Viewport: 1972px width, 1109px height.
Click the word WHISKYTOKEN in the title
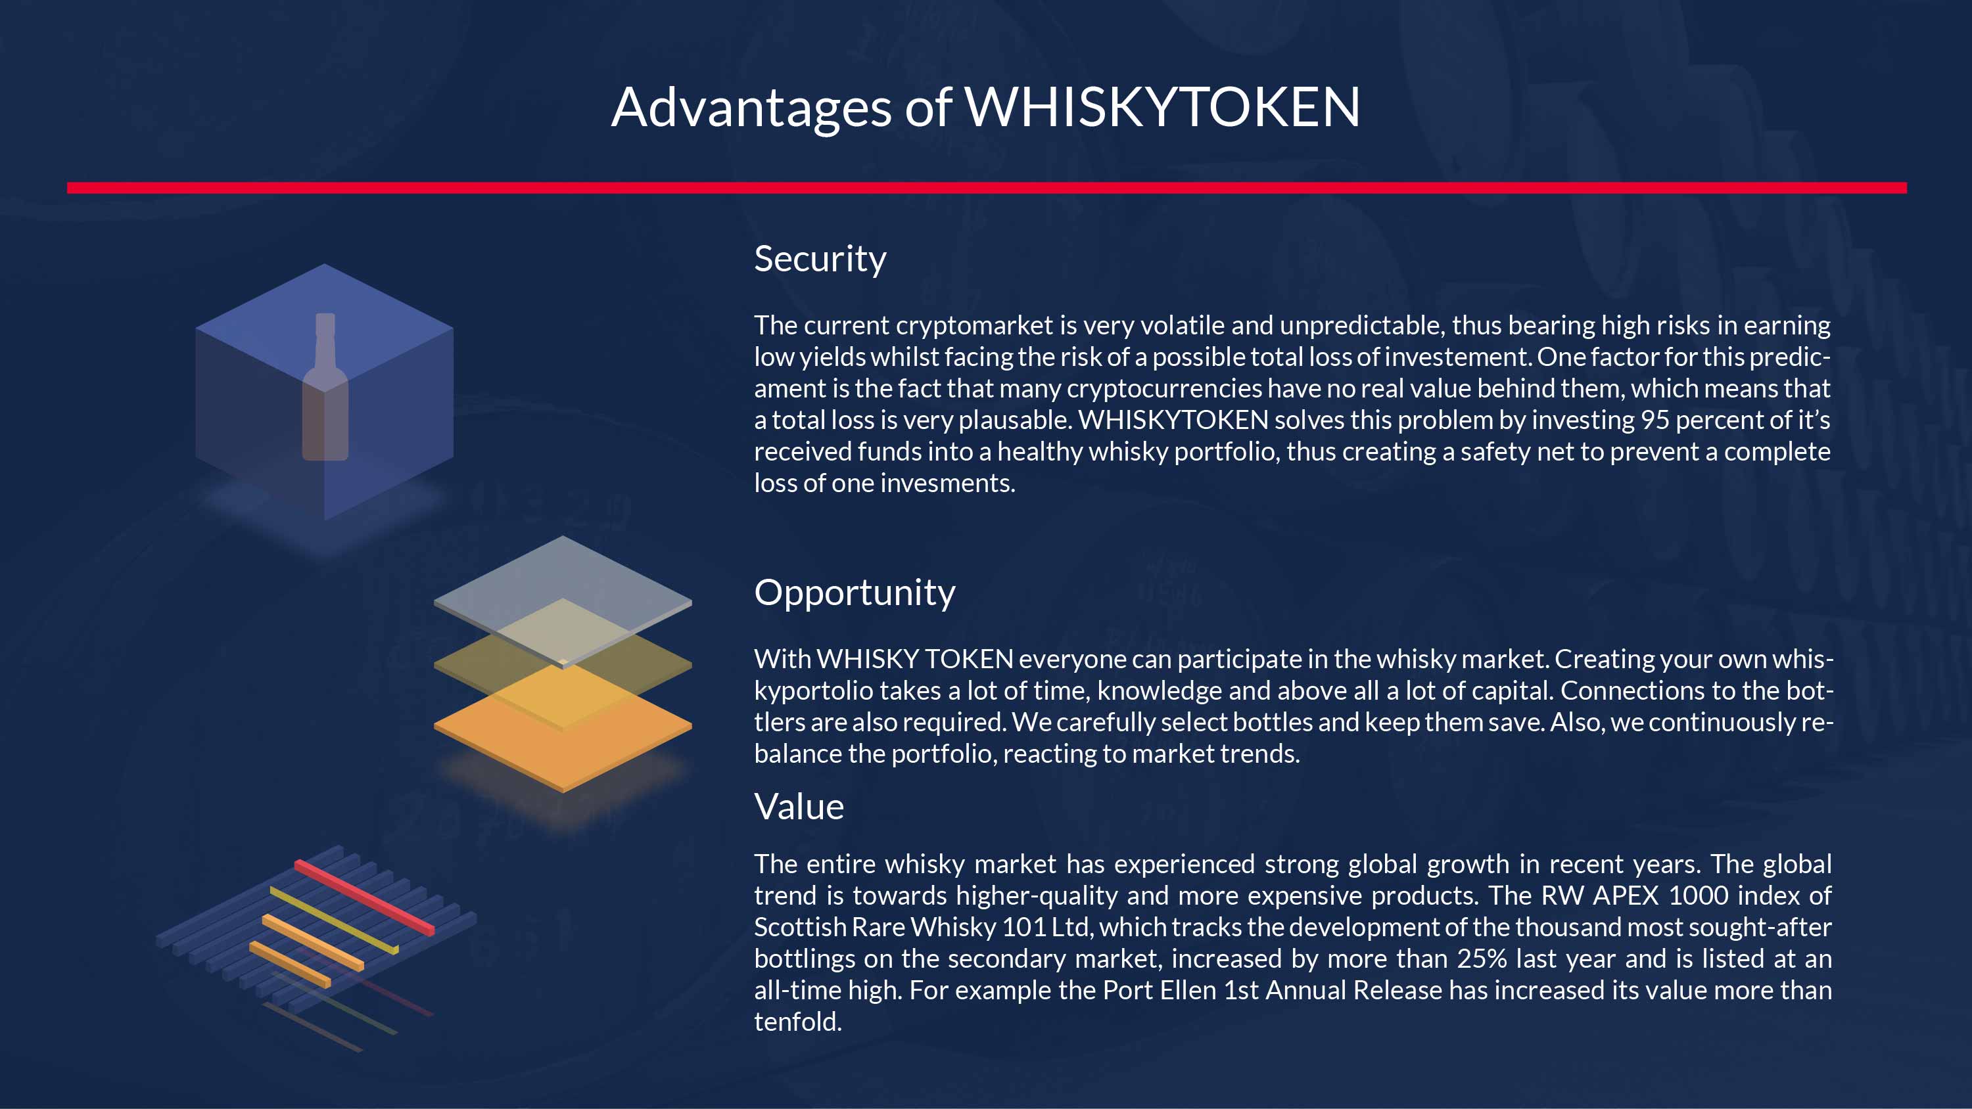tap(1162, 106)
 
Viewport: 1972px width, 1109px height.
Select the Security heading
tap(820, 259)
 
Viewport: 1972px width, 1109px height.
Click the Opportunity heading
tap(855, 593)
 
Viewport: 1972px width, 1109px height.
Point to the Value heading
tap(799, 806)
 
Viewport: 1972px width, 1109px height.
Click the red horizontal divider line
tap(987, 187)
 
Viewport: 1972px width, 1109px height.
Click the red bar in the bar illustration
tap(364, 897)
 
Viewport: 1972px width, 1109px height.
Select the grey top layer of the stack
tap(563, 602)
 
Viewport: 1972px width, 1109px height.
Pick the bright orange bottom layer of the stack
tap(563, 727)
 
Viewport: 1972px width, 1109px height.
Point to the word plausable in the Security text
tap(1013, 420)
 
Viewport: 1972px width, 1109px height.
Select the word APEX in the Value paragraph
tap(1624, 895)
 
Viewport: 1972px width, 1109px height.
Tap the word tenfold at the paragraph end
tap(798, 1022)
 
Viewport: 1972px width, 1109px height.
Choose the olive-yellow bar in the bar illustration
tap(334, 920)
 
